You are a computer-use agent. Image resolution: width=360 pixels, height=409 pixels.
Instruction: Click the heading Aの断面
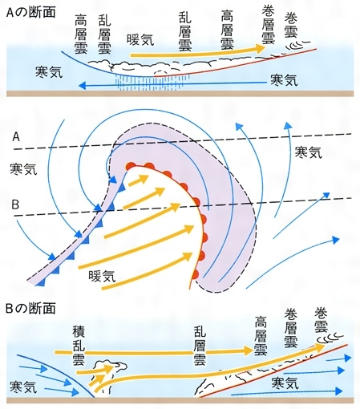click(30, 12)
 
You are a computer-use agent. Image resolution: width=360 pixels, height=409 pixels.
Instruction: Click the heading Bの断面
click(30, 308)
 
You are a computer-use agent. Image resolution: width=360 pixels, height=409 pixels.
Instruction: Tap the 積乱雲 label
click(79, 346)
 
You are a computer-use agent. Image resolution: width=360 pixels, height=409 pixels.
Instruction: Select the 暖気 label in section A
click(140, 39)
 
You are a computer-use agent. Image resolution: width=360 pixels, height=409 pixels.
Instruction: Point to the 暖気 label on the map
click(102, 276)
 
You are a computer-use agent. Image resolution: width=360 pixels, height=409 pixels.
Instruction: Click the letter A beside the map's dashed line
click(16, 137)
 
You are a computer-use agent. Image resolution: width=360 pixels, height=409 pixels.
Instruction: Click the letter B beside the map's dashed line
click(15, 204)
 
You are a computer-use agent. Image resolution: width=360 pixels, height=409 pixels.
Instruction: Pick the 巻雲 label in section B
click(321, 320)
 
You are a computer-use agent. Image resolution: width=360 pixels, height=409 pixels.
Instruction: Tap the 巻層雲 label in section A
click(268, 26)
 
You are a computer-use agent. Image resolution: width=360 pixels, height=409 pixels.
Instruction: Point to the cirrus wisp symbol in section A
click(298, 45)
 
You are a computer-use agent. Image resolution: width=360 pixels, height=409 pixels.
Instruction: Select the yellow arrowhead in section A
click(259, 48)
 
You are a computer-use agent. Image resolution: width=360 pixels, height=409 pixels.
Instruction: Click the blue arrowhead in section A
click(82, 86)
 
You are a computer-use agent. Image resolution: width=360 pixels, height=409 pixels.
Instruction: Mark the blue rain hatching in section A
click(152, 83)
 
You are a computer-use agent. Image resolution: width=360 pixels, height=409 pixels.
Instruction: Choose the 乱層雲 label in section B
click(200, 346)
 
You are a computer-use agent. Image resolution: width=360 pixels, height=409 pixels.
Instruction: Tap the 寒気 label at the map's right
click(308, 152)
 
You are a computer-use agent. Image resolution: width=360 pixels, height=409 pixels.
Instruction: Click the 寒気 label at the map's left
click(23, 169)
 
